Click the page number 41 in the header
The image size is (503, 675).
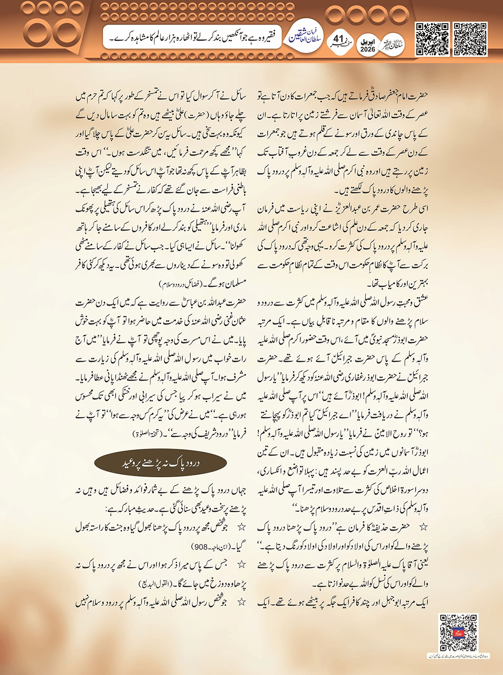click(x=339, y=39)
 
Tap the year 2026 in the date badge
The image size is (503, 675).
click(x=367, y=50)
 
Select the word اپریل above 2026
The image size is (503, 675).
click(x=367, y=42)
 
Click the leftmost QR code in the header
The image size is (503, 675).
click(x=432, y=39)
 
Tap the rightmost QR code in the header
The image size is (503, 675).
click(x=470, y=39)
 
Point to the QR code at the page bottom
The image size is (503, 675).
click(x=458, y=633)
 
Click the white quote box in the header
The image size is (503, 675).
click(x=192, y=37)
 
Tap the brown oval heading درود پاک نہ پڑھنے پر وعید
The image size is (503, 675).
click(x=160, y=463)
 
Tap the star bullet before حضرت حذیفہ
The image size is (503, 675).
click(x=423, y=527)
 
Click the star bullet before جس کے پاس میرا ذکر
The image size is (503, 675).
click(x=241, y=565)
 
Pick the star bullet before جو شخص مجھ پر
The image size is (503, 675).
click(x=241, y=527)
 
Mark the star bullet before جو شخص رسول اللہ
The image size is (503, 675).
click(x=241, y=602)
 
